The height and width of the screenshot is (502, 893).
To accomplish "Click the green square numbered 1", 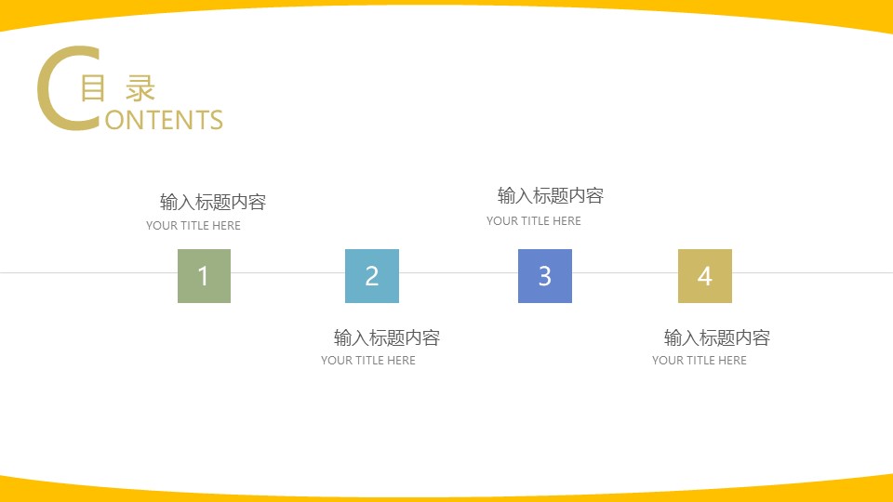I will click(x=204, y=276).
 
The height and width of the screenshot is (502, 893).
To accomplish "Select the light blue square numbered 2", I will click(x=372, y=276).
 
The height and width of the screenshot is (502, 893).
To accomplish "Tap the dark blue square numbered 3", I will click(x=545, y=276).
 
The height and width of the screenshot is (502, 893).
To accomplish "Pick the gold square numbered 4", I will click(x=705, y=276).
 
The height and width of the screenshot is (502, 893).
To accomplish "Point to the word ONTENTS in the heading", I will click(x=165, y=121).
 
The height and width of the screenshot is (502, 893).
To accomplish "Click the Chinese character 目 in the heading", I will click(x=92, y=89).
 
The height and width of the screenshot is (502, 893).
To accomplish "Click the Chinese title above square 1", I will click(x=213, y=203).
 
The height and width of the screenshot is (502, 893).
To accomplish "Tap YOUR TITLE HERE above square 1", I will click(x=193, y=226).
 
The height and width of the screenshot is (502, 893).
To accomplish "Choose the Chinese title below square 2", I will click(x=387, y=337).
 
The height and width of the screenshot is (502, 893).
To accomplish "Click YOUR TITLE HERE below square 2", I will click(x=368, y=361).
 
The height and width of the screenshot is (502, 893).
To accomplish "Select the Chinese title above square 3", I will click(x=551, y=196).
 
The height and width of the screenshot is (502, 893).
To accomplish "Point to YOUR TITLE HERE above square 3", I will click(x=534, y=221).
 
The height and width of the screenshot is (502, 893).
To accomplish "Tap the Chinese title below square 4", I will click(x=717, y=337).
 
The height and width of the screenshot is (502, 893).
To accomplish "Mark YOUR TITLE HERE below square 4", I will click(x=700, y=361).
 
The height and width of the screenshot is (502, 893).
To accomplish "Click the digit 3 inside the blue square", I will click(x=545, y=276).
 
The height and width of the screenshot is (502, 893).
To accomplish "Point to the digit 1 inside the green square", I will click(x=204, y=276).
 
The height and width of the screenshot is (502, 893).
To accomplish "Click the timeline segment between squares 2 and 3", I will click(x=459, y=273).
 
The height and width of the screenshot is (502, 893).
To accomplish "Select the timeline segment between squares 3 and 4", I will click(x=625, y=273).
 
